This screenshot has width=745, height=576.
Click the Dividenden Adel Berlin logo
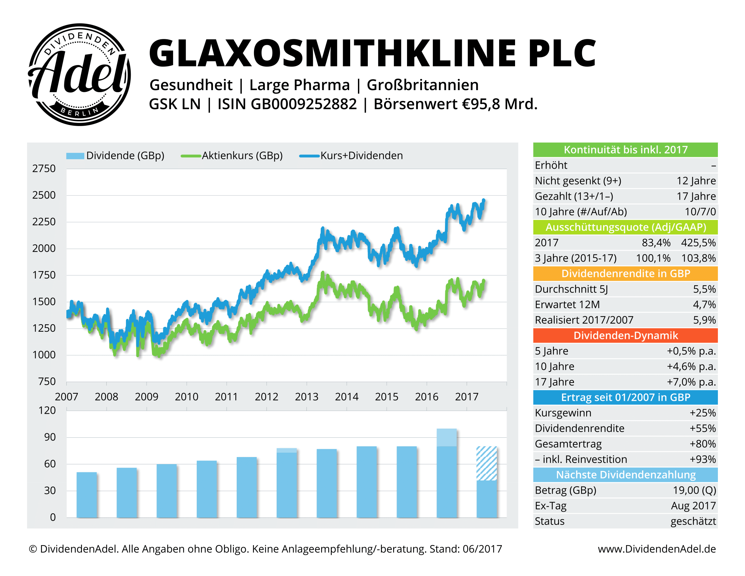79,75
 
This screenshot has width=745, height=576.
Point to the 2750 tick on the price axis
44,169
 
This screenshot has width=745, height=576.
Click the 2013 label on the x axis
306,396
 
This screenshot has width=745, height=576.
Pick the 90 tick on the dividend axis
50,437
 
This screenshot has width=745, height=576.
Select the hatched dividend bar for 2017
486,464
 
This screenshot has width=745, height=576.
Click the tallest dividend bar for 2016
447,473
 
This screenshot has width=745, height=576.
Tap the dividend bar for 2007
87,495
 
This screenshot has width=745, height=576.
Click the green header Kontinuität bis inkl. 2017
625,150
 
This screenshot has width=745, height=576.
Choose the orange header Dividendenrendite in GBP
625,274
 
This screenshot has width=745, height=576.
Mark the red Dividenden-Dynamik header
625,335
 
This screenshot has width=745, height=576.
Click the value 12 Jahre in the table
696,181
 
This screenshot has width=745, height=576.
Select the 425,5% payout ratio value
698,243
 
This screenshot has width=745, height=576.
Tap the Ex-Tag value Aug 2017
693,506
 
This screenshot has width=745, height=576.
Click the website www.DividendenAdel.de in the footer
657,549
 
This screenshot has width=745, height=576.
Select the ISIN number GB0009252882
304,104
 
